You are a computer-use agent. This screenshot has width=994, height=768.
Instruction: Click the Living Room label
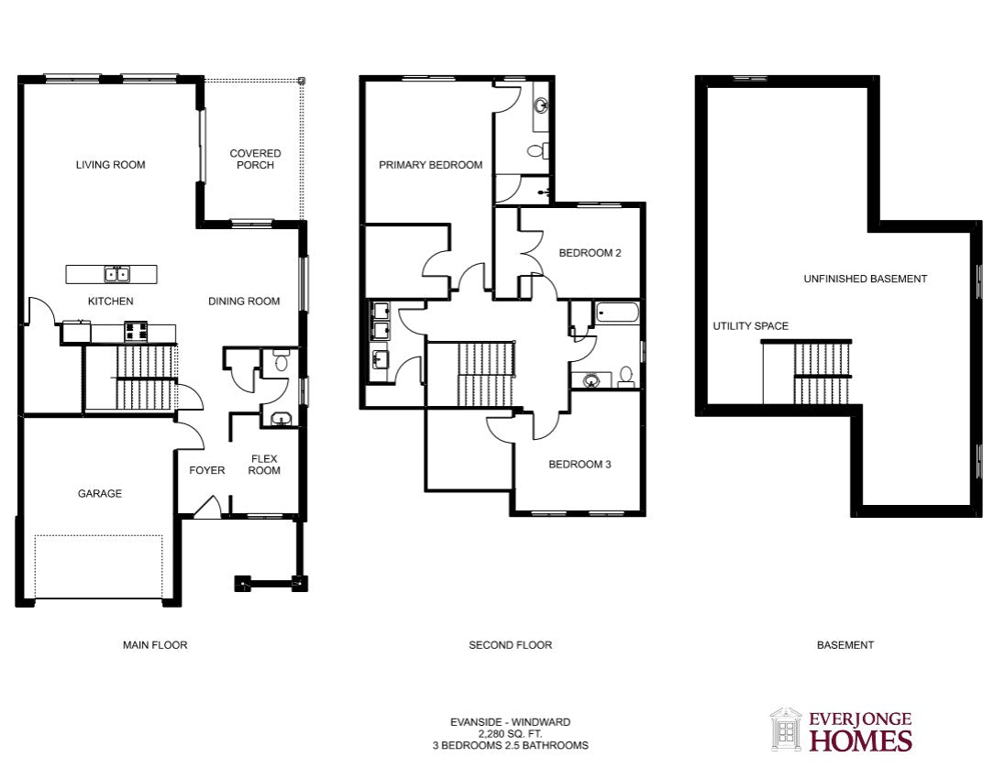coord(110,165)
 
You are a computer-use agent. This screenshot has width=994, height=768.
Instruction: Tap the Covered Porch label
coord(256,159)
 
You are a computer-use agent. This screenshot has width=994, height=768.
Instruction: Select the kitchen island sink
coord(116,274)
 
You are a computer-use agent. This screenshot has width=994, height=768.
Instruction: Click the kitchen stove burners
coord(137,331)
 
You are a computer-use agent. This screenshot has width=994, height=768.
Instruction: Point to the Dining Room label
coord(244,301)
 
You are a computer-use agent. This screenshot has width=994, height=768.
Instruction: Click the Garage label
coord(100,493)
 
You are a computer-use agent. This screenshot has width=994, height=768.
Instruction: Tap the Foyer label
coord(206,470)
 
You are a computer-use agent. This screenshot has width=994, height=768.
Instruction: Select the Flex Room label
coord(264,465)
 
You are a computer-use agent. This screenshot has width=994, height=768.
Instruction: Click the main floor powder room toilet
coord(281,361)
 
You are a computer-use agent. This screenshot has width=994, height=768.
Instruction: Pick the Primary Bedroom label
coord(430,165)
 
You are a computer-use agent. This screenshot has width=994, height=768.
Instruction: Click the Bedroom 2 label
coord(590,253)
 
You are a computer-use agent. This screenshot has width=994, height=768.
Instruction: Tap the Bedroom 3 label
coord(580,465)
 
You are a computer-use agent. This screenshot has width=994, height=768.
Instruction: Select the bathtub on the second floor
coord(617,313)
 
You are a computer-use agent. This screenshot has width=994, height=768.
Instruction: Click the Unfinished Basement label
coord(866,279)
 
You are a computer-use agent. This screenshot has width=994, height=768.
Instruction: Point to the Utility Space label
coord(751,326)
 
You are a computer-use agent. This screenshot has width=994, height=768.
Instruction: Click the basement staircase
coord(822,373)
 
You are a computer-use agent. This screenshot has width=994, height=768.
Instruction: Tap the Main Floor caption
coord(155,645)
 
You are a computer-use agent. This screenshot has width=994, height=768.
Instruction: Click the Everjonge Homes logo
coord(841,730)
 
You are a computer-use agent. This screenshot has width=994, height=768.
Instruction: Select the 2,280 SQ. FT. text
coord(511,734)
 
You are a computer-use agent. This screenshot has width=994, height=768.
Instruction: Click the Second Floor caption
coord(511,645)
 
